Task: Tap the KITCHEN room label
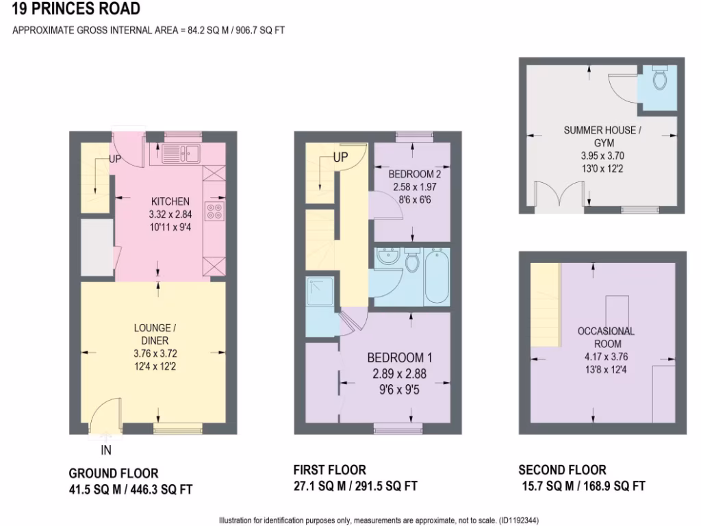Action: click(x=170, y=201)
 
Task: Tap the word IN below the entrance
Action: click(x=106, y=451)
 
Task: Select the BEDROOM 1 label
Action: click(x=400, y=358)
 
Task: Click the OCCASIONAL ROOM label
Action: click(x=606, y=337)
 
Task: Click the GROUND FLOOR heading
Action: click(x=114, y=473)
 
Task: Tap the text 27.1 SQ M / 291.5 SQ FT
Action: click(x=355, y=486)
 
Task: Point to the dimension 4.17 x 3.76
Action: click(x=606, y=356)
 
